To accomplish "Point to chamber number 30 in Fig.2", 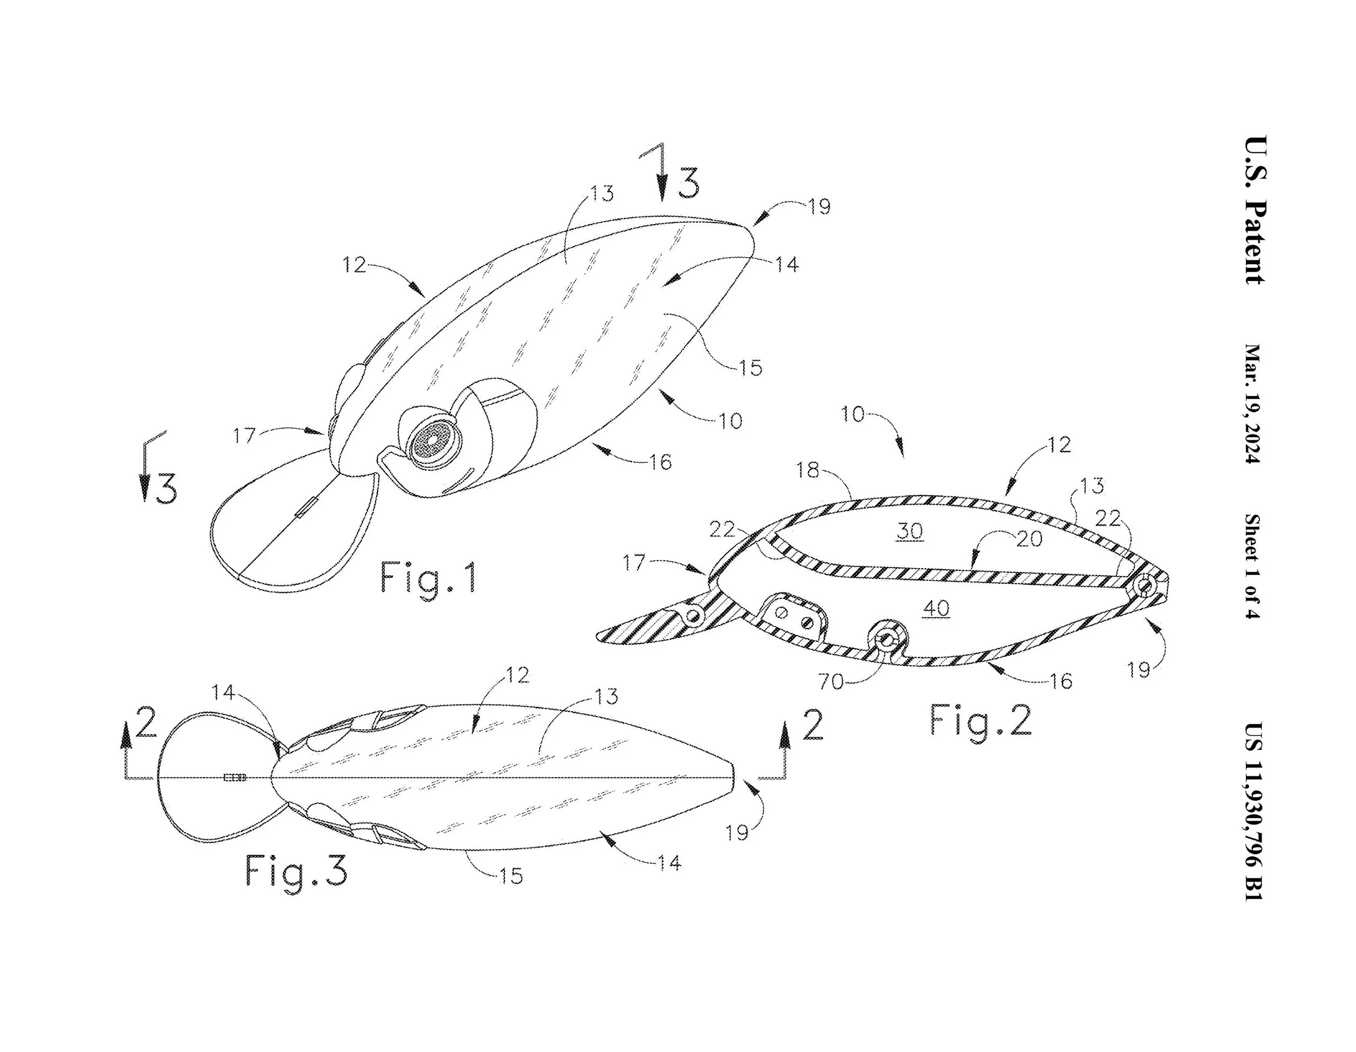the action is point(910,531).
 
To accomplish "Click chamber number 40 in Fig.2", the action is point(936,608).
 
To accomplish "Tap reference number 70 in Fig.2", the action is point(831,682).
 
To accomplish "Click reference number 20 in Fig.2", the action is point(1029,538).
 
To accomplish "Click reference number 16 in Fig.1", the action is point(660,461).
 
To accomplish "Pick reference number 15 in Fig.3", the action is point(511,876).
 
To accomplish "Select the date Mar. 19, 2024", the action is point(1253,404).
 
